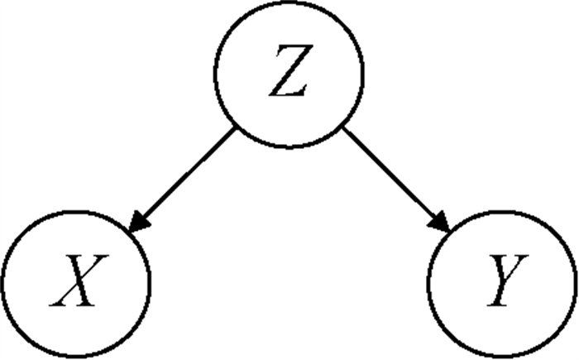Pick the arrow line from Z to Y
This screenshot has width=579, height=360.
390,175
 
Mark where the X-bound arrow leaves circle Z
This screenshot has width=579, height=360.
236,129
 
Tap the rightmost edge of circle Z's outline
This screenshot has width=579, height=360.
363,74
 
